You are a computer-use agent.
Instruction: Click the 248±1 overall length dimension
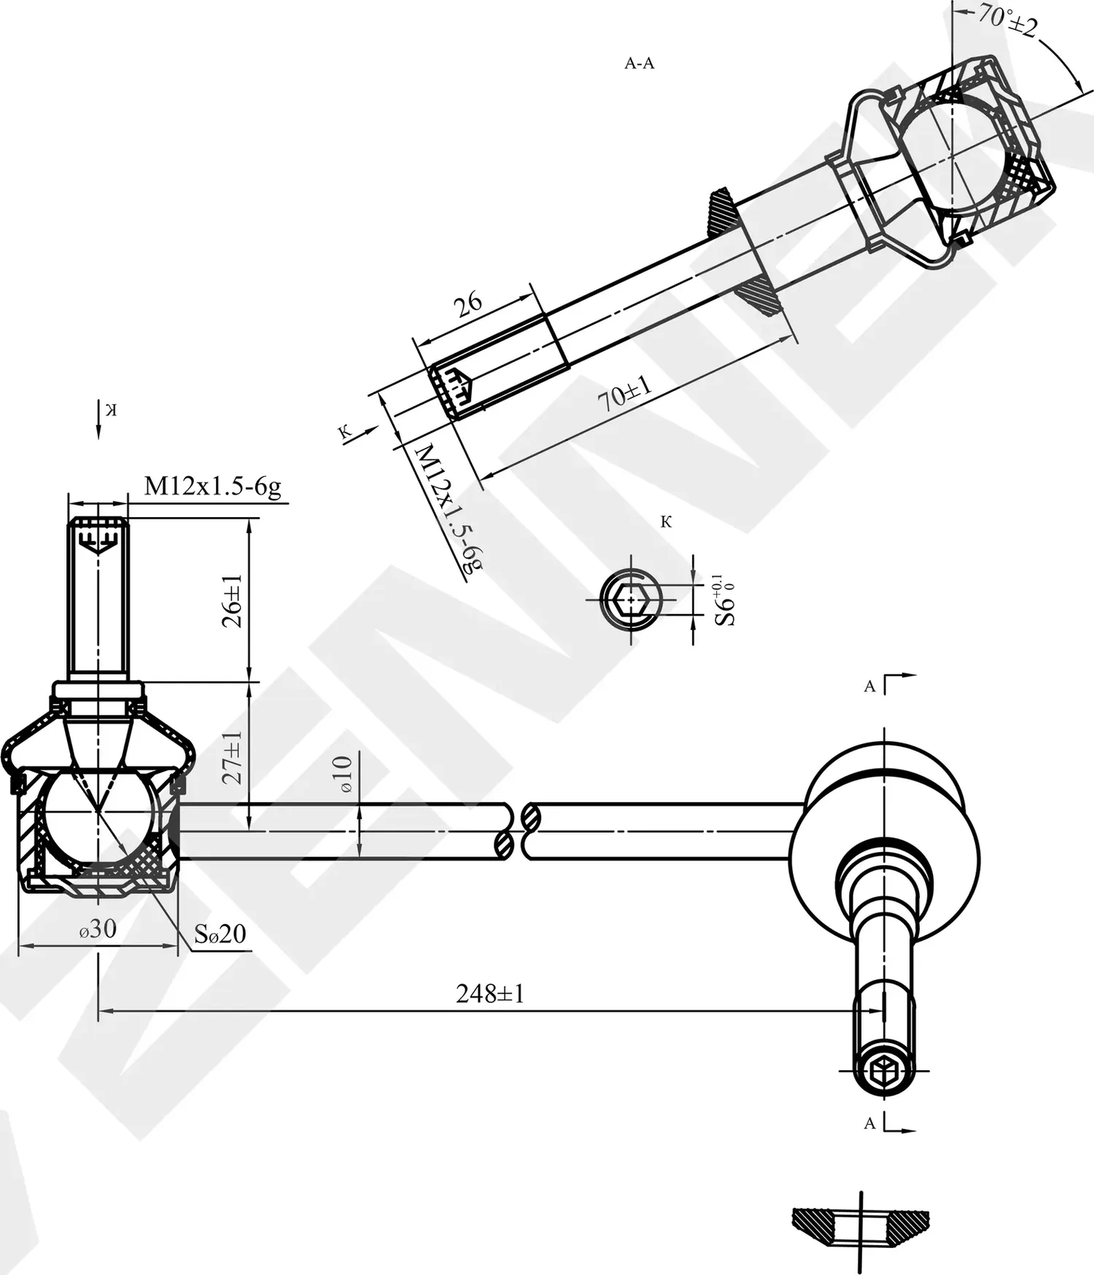pyautogui.click(x=489, y=993)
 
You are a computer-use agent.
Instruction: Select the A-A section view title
pyautogui.click(x=639, y=63)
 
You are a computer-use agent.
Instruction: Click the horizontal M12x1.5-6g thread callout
pyautogui.click(x=212, y=487)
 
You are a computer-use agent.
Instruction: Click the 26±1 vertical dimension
pyautogui.click(x=232, y=600)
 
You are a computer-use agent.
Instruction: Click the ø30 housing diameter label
pyautogui.click(x=98, y=929)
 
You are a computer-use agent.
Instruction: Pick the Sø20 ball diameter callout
pyautogui.click(x=220, y=934)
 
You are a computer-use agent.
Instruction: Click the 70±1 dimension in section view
pyautogui.click(x=624, y=395)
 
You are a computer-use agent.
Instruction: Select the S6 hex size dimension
pyautogui.click(x=724, y=600)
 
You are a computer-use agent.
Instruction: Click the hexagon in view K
pyautogui.click(x=631, y=600)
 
